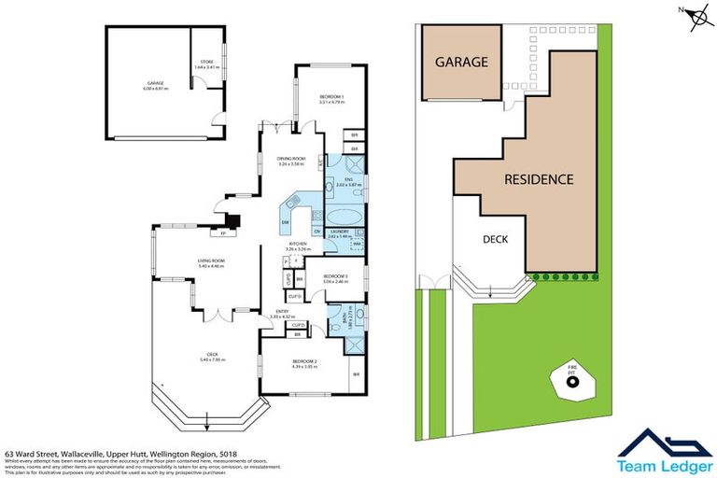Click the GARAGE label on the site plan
click(462, 63)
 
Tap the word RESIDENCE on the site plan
click(539, 179)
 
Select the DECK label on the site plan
click(495, 239)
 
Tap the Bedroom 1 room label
click(331, 100)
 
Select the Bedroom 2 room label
click(305, 365)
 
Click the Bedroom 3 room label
click(335, 277)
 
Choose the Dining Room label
click(291, 161)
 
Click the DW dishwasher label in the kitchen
click(285, 222)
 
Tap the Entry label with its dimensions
click(281, 316)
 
